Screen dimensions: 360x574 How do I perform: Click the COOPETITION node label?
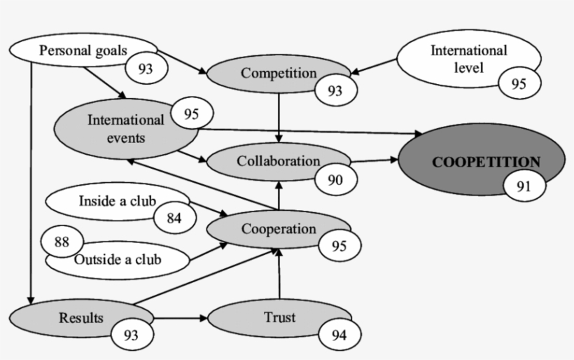(486, 162)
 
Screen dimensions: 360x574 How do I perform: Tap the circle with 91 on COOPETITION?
(519, 186)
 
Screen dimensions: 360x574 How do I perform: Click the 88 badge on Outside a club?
(62, 242)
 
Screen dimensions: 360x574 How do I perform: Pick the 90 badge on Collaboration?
(335, 180)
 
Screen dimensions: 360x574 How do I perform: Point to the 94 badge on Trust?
(339, 334)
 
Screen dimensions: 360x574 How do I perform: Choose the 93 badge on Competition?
(336, 90)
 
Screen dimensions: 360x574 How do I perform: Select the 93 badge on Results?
(130, 334)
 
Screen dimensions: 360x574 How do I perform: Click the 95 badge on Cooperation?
(339, 246)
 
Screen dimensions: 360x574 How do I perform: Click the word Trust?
(280, 317)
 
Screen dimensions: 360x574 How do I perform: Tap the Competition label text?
(279, 72)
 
